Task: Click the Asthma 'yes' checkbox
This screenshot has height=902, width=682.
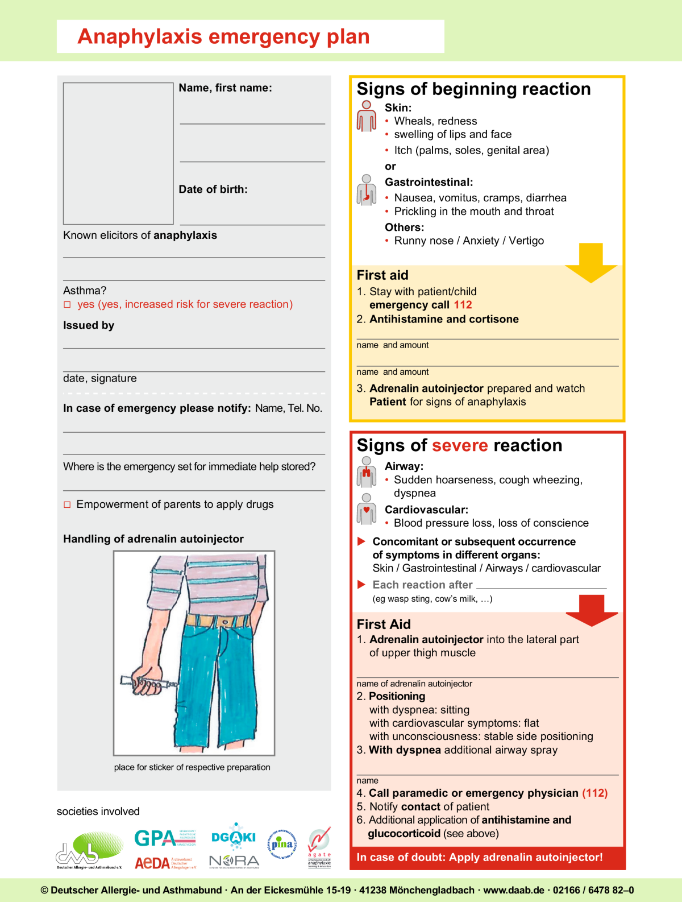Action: point(67,305)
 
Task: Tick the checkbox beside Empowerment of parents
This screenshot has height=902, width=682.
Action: point(67,504)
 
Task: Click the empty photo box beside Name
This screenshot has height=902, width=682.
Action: point(118,154)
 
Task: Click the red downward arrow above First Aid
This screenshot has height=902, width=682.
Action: point(592,610)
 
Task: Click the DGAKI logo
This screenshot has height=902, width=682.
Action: point(234,836)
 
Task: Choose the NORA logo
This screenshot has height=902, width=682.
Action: point(234,862)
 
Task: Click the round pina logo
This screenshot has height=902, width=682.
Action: point(282,844)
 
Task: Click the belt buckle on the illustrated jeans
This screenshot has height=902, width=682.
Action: point(225,622)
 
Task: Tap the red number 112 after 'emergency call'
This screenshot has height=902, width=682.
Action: point(463,305)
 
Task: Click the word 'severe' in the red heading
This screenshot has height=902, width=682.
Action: point(459,445)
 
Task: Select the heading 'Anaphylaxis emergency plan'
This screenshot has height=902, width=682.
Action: point(223,36)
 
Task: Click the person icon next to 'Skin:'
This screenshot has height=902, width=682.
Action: point(367,116)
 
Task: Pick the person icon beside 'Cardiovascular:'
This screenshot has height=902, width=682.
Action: point(367,508)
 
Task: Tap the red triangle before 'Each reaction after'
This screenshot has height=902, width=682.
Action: point(361,585)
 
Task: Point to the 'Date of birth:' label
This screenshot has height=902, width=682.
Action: point(213,189)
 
